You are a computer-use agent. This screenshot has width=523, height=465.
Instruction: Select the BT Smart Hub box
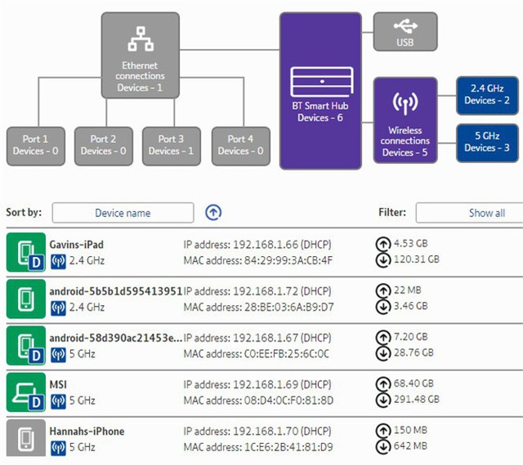point(320,90)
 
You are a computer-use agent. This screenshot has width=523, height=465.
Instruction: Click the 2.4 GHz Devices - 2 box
point(486,95)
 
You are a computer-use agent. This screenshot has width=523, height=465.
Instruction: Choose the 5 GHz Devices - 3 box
point(486,141)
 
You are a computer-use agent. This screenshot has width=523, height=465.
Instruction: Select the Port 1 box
point(35,145)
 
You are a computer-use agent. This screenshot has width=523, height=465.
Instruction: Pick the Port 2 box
point(103,145)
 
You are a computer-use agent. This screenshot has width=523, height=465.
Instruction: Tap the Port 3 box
point(172,145)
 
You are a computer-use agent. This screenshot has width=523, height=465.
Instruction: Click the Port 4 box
point(239,145)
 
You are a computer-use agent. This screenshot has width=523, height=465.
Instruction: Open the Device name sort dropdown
point(123,213)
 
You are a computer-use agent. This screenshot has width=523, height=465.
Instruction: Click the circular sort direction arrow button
point(213,213)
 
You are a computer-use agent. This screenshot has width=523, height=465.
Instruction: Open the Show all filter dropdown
point(470,213)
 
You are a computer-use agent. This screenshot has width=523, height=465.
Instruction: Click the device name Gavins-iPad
point(76,245)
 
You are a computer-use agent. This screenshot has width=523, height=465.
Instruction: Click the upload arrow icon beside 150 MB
point(382,431)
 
